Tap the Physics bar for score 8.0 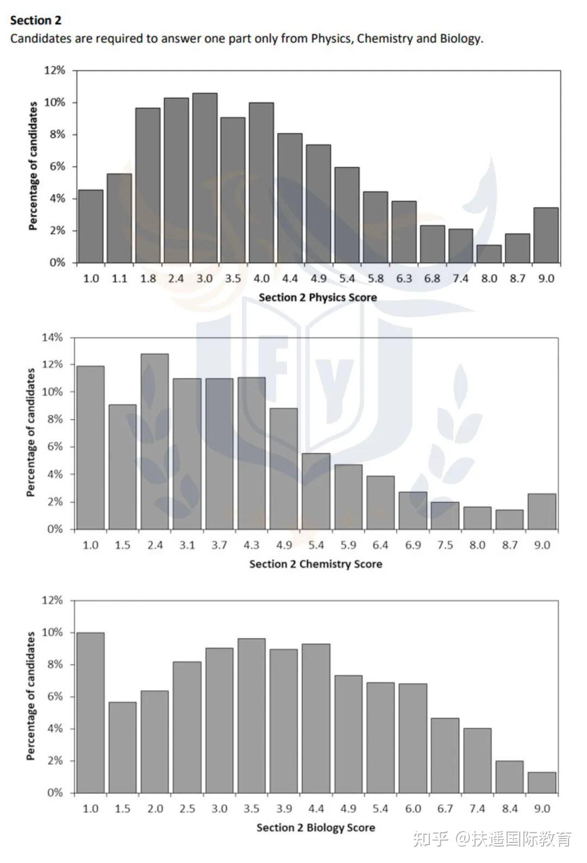(489, 254)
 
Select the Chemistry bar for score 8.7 (509, 520)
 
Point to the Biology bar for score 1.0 (90, 712)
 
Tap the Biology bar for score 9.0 (542, 783)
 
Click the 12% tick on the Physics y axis (54, 71)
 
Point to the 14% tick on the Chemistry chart (52, 337)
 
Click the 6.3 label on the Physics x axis (404, 279)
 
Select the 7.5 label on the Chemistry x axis (445, 545)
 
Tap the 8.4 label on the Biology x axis (510, 809)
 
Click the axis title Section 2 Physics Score (317, 297)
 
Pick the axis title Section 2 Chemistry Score (315, 564)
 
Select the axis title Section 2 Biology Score (315, 828)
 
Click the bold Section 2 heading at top (36, 21)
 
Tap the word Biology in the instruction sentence (460, 39)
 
